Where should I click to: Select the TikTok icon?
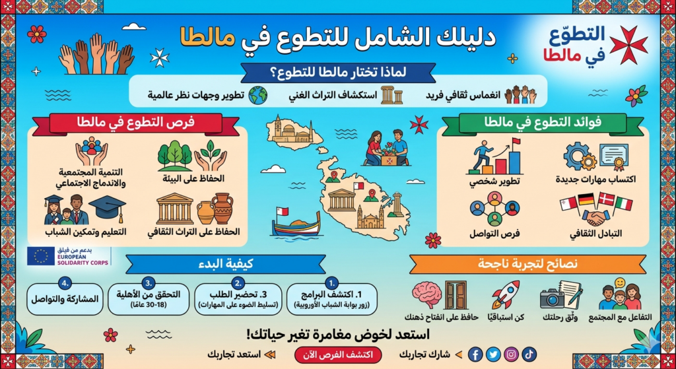529,354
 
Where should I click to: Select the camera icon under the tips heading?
552,298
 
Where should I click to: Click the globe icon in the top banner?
258,94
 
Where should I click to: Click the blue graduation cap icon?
107,209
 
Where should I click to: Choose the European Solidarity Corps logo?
69,256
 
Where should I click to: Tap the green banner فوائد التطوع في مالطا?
542,123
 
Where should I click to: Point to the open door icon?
455,294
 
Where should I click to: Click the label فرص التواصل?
494,234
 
